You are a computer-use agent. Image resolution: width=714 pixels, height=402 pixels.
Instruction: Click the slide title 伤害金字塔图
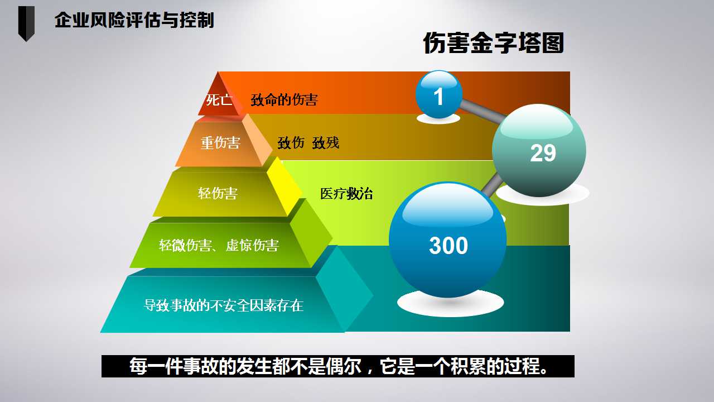coord(494,43)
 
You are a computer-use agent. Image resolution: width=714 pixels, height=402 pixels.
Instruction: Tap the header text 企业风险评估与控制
coord(134,20)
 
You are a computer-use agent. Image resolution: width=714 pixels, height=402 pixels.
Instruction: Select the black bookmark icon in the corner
coord(26,23)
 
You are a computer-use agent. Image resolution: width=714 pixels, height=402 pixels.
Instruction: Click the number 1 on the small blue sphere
coord(438,97)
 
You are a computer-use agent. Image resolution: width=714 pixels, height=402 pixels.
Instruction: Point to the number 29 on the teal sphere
coord(543,153)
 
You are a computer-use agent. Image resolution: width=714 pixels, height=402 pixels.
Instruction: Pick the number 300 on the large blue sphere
coord(448,245)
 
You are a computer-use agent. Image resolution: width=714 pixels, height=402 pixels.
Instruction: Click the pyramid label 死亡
coord(219,100)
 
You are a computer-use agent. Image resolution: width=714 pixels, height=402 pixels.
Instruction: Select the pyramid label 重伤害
coord(220,142)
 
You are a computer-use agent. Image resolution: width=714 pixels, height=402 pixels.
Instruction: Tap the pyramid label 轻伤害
coord(218,193)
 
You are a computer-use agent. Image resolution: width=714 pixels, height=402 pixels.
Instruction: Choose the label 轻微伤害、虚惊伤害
coord(219,245)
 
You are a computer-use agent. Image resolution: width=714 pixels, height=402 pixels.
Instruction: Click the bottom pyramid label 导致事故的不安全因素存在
coord(224,305)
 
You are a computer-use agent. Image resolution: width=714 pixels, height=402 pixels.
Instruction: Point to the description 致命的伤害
coord(284,100)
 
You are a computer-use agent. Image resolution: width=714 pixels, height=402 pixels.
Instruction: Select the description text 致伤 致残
coord(308,142)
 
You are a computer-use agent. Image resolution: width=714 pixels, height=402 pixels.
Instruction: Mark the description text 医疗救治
coord(346,194)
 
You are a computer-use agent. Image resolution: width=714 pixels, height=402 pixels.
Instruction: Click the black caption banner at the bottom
coord(338,366)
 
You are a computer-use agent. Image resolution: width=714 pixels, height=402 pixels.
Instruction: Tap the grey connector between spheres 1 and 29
coord(483,111)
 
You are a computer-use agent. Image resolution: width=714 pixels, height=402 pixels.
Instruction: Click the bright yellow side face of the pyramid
coord(284,186)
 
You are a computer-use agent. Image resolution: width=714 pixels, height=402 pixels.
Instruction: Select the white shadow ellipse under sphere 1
coord(438,119)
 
